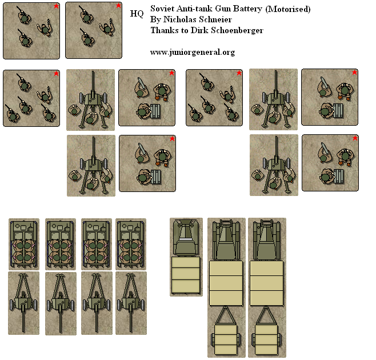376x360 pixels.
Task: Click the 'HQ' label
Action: (137, 13)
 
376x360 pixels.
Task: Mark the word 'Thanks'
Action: (163, 30)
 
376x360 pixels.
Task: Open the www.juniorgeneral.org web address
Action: (193, 52)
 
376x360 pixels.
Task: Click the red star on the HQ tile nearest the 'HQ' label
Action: (118, 6)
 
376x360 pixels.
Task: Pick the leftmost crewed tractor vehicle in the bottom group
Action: (23, 243)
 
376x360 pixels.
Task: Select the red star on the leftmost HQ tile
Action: (56, 6)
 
